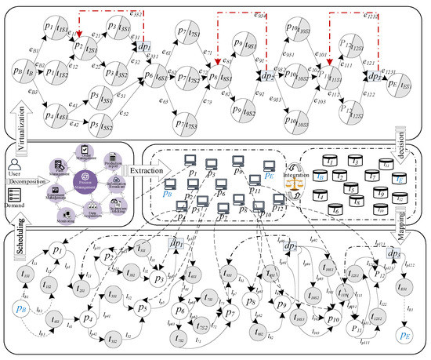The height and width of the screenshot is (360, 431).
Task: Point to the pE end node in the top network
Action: coord(407,84)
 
